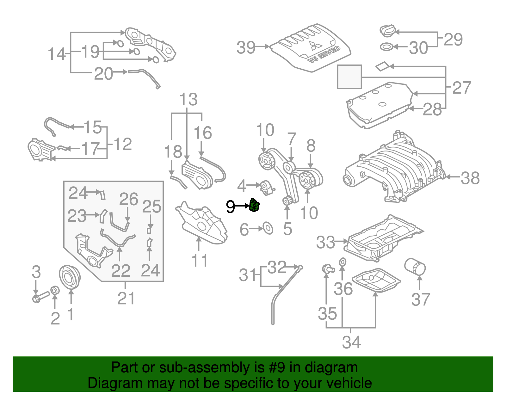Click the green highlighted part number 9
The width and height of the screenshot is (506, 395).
(x=254, y=206)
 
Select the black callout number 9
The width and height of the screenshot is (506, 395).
(x=230, y=207)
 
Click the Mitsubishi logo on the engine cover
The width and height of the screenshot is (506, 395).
(x=315, y=46)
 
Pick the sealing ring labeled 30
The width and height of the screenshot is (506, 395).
(x=386, y=47)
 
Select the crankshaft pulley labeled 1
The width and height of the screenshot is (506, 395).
(x=70, y=277)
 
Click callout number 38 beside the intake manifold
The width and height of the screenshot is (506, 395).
(x=470, y=178)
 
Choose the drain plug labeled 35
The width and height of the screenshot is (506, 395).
(x=328, y=269)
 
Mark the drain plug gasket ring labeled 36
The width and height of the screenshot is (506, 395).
(x=342, y=262)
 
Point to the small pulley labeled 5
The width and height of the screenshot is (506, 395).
(x=287, y=201)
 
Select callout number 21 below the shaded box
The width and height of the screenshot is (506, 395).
(x=126, y=298)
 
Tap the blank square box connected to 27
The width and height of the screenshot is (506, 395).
(x=349, y=77)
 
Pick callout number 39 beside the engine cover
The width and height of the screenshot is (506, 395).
(x=246, y=47)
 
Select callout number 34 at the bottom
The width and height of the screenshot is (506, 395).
(x=351, y=342)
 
